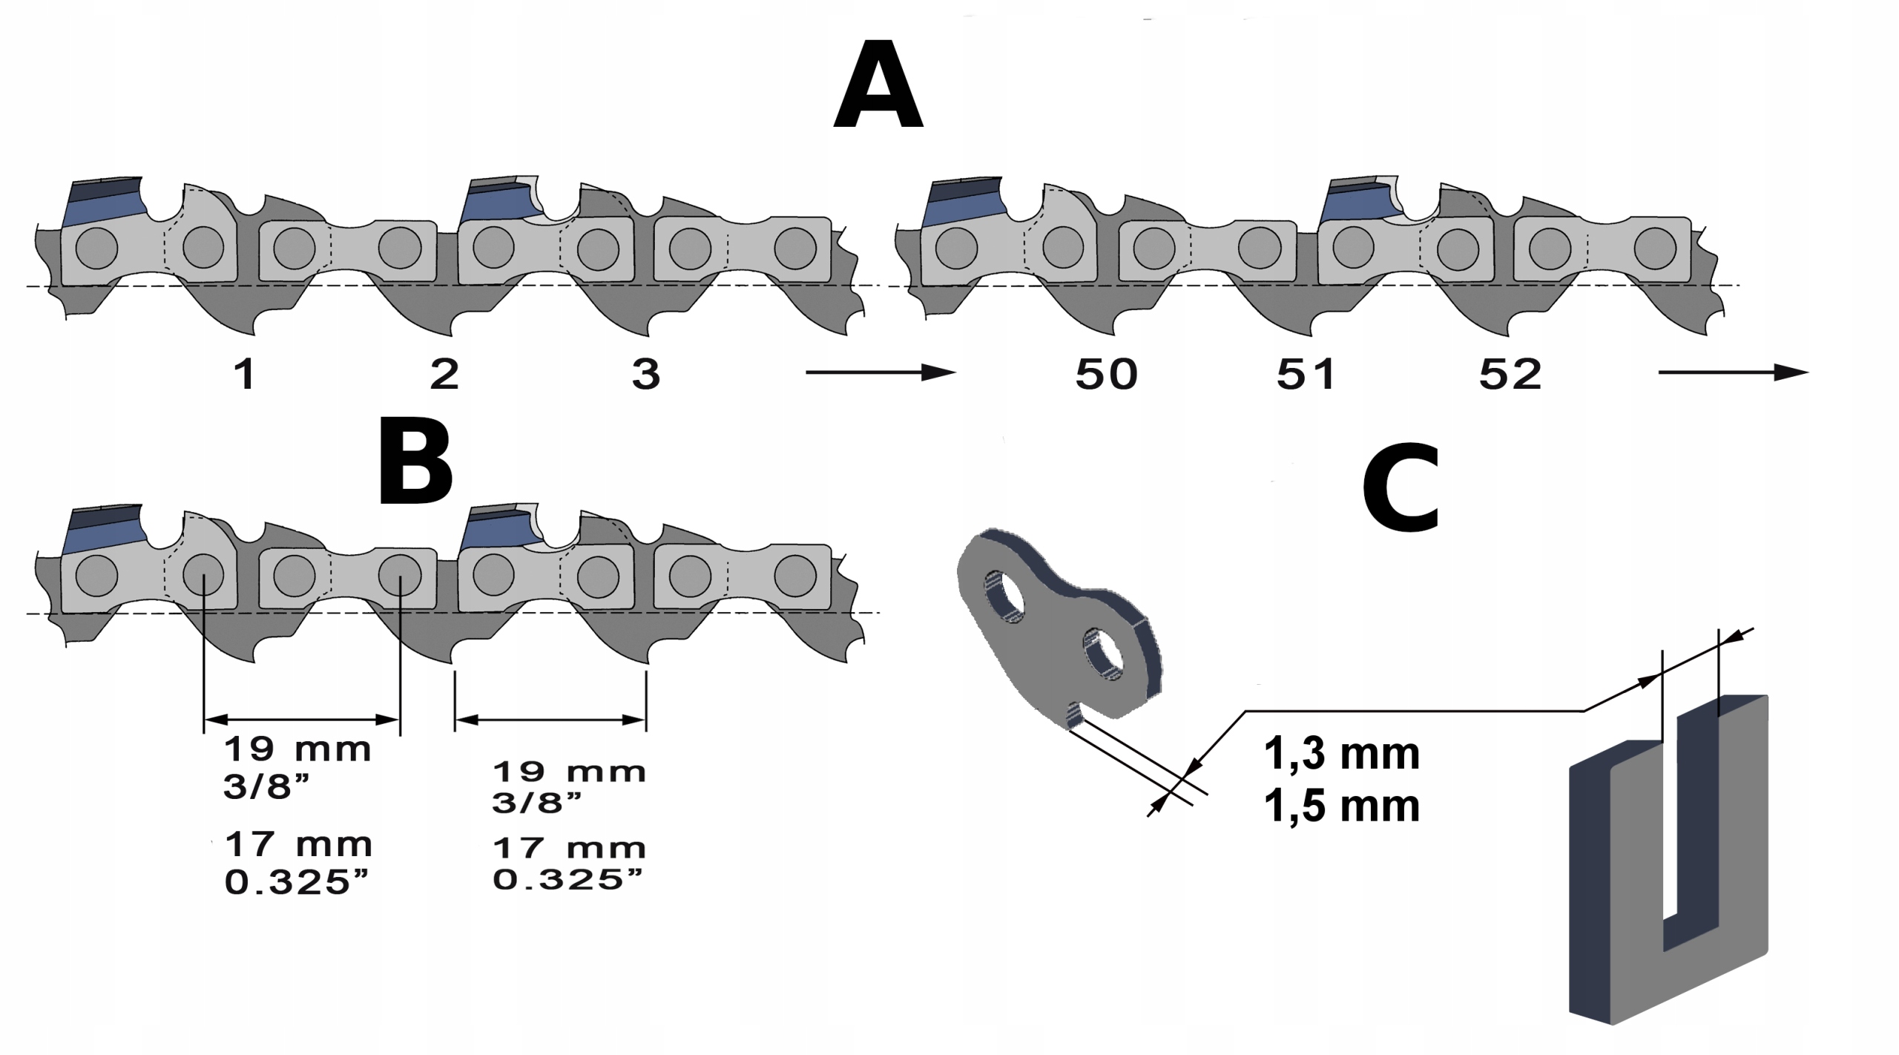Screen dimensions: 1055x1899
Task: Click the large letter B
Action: tap(415, 461)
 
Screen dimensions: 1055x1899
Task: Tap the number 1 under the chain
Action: tap(245, 374)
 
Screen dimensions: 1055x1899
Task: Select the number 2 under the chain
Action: tap(444, 374)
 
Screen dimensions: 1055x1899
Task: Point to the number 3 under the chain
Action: tap(645, 374)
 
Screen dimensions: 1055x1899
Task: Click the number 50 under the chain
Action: tap(1106, 374)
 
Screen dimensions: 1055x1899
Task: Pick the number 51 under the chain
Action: tap(1306, 374)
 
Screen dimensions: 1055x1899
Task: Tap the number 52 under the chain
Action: tap(1510, 374)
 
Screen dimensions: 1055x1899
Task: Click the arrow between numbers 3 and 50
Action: tap(880, 372)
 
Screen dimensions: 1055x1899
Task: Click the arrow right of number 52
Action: tap(1733, 372)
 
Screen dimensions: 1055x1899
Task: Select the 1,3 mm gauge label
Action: tap(1341, 755)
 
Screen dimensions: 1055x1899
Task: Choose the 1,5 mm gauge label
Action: tap(1341, 806)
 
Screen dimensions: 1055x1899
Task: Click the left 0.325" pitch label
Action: tap(296, 882)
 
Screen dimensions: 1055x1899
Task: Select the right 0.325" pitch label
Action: tap(567, 880)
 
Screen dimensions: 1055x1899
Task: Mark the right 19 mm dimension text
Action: tap(569, 772)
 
